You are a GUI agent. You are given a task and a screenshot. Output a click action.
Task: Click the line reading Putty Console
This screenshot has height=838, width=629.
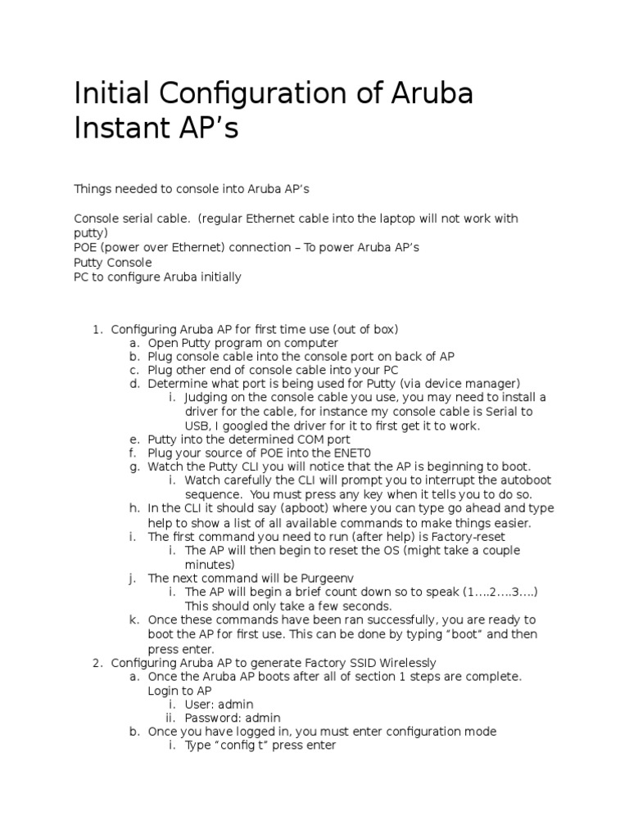(112, 263)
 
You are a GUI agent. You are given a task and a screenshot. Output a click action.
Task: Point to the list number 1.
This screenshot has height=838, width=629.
(96, 329)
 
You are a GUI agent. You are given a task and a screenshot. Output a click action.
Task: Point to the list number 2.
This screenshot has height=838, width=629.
(96, 662)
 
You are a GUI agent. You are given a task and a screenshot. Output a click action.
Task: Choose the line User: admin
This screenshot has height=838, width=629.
(219, 704)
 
